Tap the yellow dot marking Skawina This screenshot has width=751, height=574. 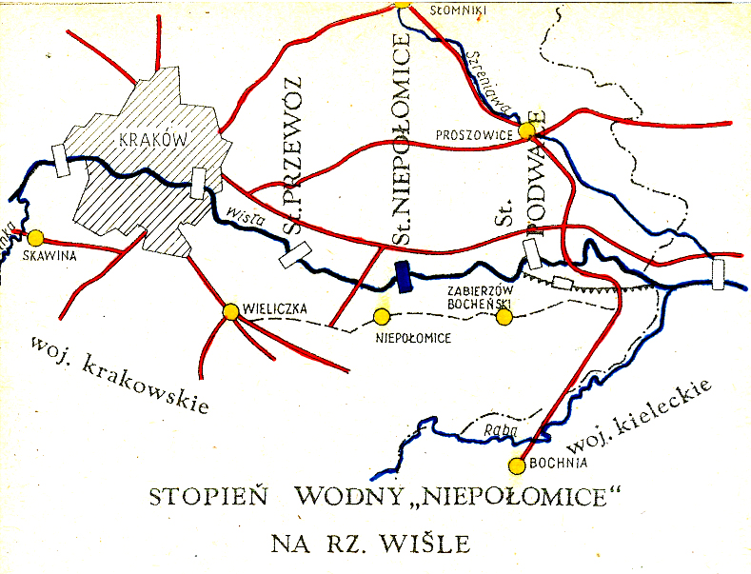(x=36, y=237)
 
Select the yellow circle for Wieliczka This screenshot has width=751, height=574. (x=229, y=311)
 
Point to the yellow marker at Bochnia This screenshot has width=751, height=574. (x=517, y=465)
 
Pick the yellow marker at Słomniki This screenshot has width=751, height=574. (x=402, y=3)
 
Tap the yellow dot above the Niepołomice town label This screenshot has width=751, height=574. (x=382, y=316)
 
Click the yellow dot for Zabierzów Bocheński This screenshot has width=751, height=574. (x=504, y=317)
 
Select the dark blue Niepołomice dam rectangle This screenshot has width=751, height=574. (x=404, y=276)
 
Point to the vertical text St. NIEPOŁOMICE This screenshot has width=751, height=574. (x=402, y=143)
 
